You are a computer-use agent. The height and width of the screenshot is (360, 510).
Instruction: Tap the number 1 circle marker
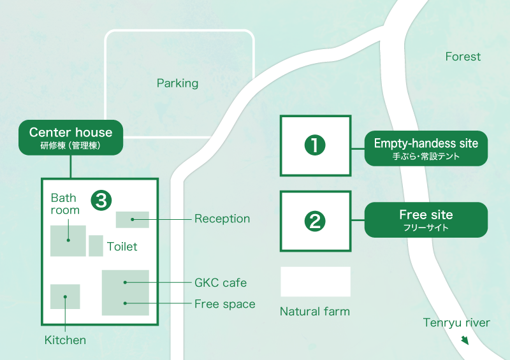pyautogui.click(x=315, y=145)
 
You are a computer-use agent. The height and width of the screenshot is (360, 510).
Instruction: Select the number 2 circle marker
pyautogui.click(x=315, y=221)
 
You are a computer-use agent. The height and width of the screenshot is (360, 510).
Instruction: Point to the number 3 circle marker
pyautogui.click(x=101, y=200)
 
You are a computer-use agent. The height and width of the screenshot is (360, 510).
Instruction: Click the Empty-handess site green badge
pyautogui.click(x=426, y=148)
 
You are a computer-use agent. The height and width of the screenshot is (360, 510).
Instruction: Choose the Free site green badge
pyautogui.click(x=426, y=220)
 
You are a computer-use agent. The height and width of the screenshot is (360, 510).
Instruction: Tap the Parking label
pyautogui.click(x=177, y=83)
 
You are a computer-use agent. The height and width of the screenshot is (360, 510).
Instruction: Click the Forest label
pyautogui.click(x=463, y=57)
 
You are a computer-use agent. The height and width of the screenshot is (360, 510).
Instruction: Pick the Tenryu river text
pyautogui.click(x=456, y=323)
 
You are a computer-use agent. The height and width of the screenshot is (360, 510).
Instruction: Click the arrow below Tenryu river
pyautogui.click(x=465, y=340)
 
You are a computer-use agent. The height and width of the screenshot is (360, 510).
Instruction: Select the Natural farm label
pyautogui.click(x=315, y=312)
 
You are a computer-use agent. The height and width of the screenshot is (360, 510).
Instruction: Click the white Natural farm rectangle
pyautogui.click(x=316, y=282)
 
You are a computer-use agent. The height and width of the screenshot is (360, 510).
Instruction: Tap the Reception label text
pyautogui.click(x=222, y=219)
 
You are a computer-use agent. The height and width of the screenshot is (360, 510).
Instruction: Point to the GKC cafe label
pyautogui.click(x=221, y=282)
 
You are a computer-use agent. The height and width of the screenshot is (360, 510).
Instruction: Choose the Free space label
pyautogui.click(x=224, y=304)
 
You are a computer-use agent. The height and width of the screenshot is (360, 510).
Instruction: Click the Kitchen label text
pyautogui.click(x=65, y=340)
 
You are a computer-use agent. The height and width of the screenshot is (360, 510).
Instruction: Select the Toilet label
pyautogui.click(x=122, y=247)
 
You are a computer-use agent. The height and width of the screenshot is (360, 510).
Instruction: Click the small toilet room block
pyautogui.click(x=96, y=245)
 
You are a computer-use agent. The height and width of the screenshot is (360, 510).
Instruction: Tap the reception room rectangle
pyautogui.click(x=132, y=219)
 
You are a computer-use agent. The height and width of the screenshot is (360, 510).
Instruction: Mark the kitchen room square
pyautogui.click(x=65, y=296)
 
